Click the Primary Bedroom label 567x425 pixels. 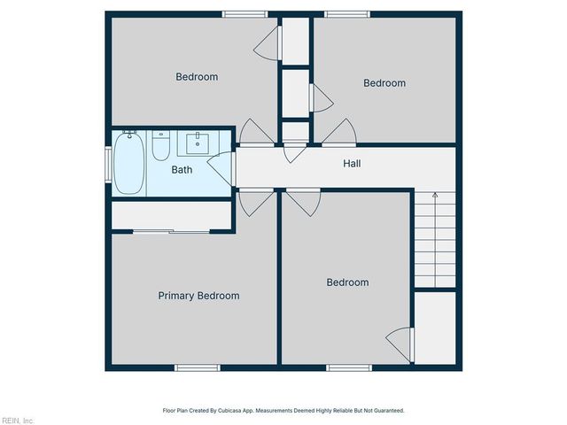coord(198,296)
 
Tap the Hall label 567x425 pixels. coord(352,164)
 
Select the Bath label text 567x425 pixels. coord(182,169)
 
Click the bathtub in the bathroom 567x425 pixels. coord(128,164)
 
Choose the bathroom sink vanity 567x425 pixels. coord(197,142)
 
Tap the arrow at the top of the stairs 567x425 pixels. coord(435,196)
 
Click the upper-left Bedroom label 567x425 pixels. coord(197,77)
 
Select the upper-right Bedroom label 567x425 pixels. coord(384,83)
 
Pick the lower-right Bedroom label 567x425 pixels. coord(347,282)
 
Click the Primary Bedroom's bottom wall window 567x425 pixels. coord(197,367)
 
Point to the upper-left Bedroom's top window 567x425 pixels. coord(245,13)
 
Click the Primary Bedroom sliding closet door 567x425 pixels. coord(172,231)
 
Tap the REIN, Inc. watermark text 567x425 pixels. coord(18,420)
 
